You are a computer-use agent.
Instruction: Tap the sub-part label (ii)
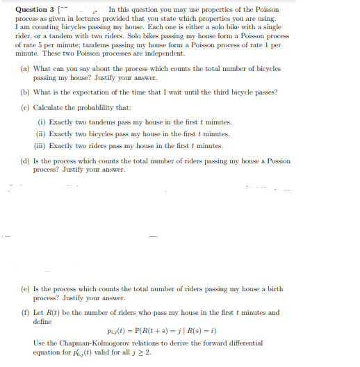[42, 133]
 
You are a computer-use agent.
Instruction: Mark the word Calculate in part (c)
[49, 107]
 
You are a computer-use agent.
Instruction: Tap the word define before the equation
[42, 321]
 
